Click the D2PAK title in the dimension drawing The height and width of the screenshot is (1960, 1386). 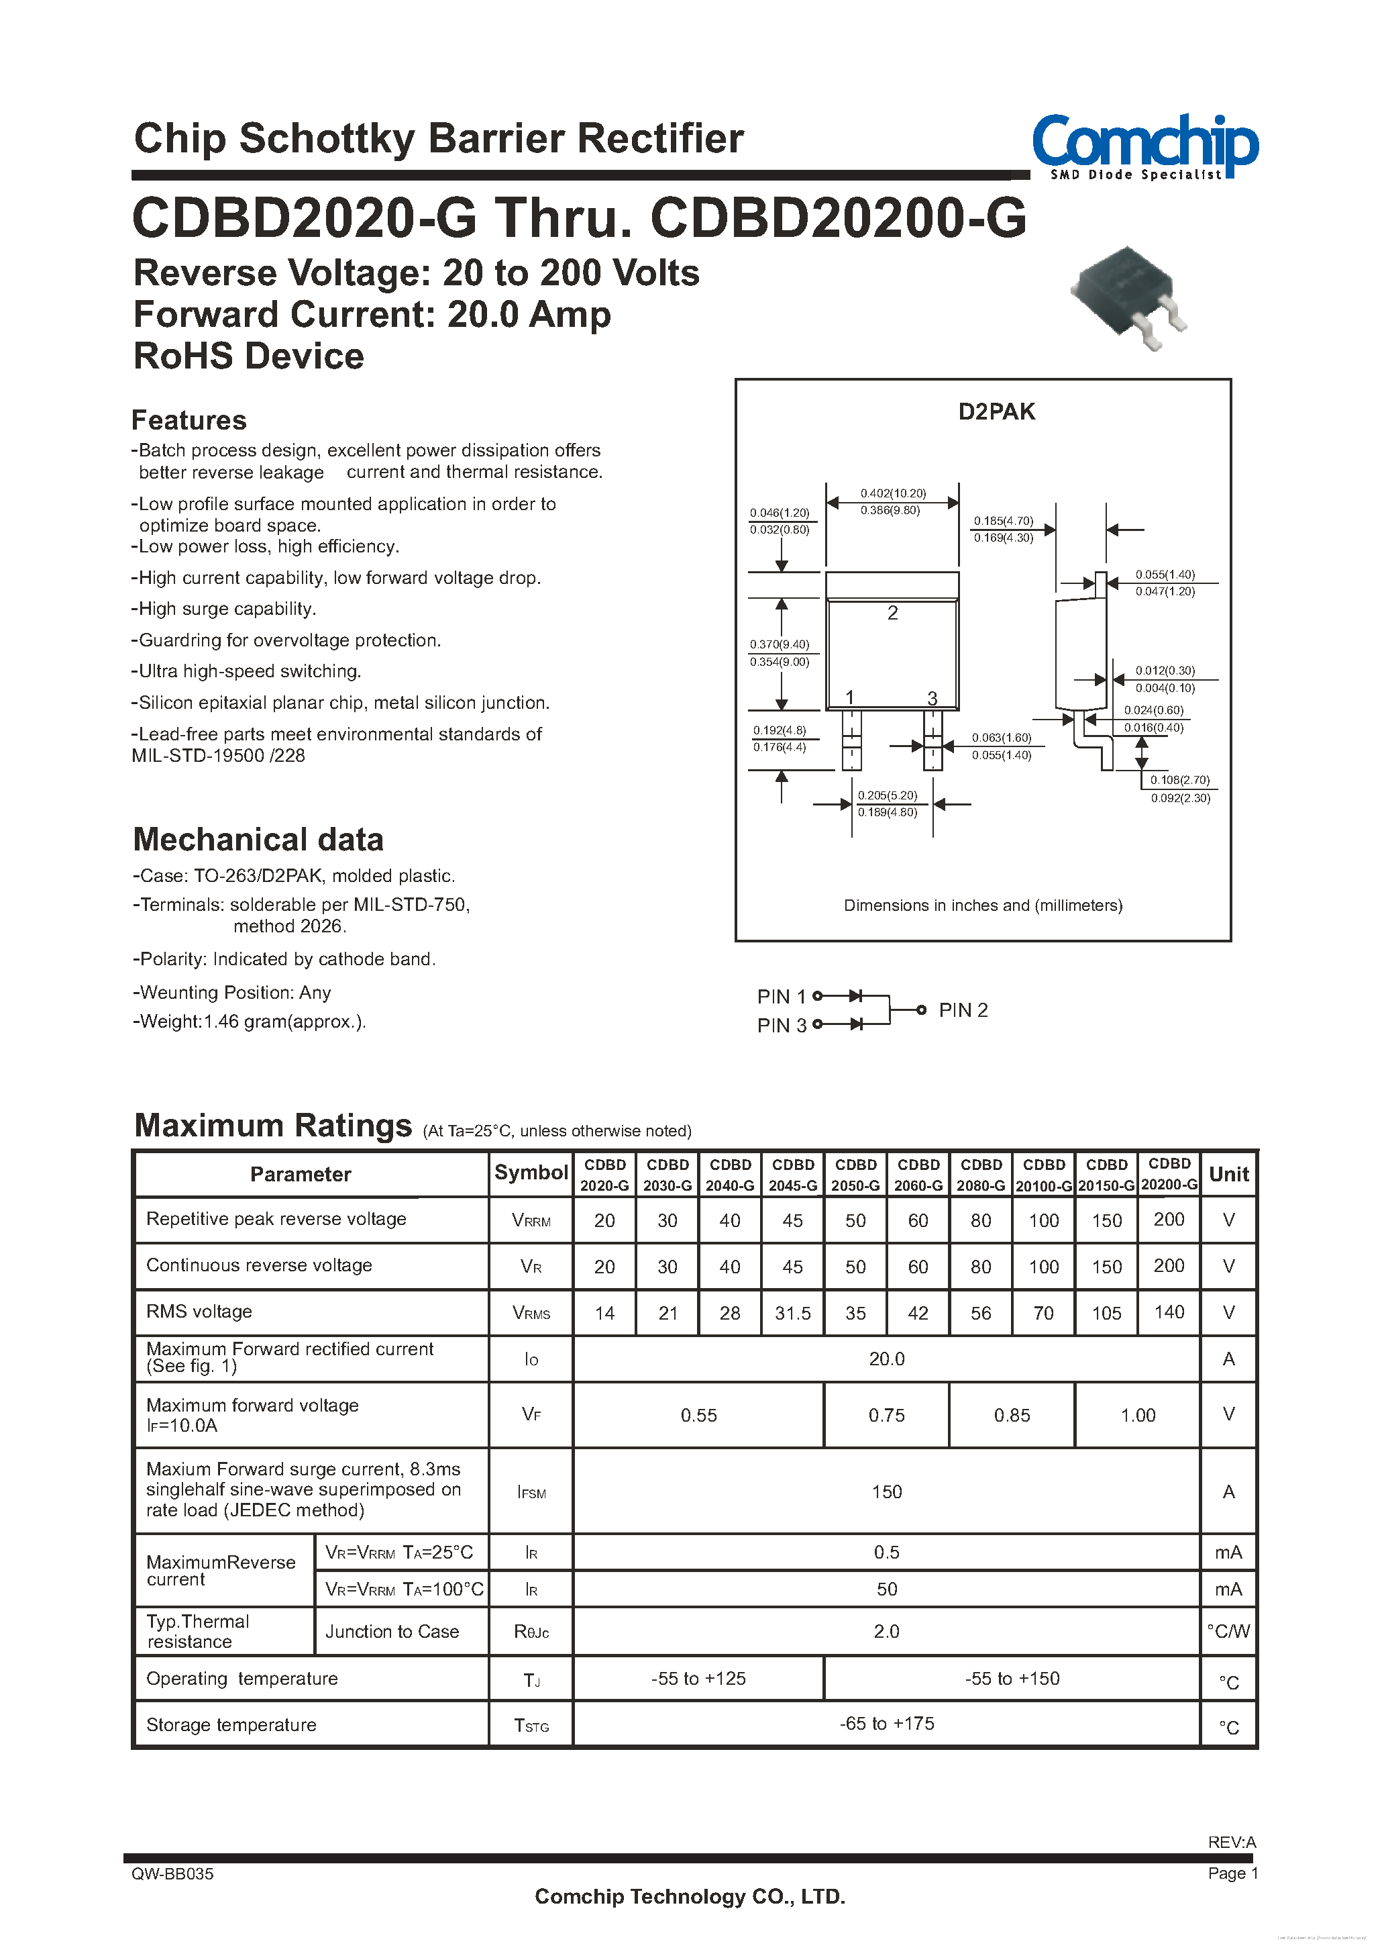pyautogui.click(x=996, y=411)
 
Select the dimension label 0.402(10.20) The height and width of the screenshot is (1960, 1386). pyautogui.click(x=893, y=493)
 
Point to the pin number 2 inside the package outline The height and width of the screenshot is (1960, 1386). pyautogui.click(x=893, y=613)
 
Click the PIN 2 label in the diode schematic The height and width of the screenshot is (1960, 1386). pyautogui.click(x=963, y=1010)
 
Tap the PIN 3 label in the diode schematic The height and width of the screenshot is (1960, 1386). pyautogui.click(x=781, y=1025)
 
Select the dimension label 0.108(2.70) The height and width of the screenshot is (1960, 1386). pyautogui.click(x=1179, y=780)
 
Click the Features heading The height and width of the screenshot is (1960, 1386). pyautogui.click(x=189, y=420)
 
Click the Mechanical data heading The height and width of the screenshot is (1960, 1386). pyautogui.click(x=258, y=839)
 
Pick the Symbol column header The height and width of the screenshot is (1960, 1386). pyautogui.click(x=531, y=1173)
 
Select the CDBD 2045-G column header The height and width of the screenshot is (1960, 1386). pyautogui.click(x=793, y=1175)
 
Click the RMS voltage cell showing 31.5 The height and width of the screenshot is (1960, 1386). pyautogui.click(x=793, y=1313)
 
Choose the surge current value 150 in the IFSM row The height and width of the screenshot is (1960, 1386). pyautogui.click(x=887, y=1491)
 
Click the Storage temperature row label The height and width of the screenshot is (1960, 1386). pyautogui.click(x=231, y=1724)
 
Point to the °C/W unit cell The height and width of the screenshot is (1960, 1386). pyautogui.click(x=1228, y=1631)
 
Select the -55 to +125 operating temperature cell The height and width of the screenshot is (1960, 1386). pyautogui.click(x=698, y=1678)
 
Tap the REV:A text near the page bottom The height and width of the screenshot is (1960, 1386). pyautogui.click(x=1232, y=1842)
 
